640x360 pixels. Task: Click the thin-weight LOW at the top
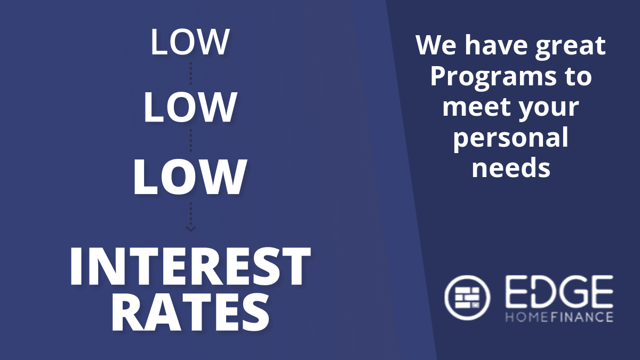tap(190, 42)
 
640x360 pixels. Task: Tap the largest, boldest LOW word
tap(190, 177)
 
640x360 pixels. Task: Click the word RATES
tap(190, 313)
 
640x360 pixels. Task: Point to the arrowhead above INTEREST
tap(190, 229)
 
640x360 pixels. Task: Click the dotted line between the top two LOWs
tap(191, 73)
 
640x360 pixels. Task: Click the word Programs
tap(493, 78)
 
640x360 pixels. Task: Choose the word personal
tap(511, 139)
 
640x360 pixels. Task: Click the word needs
tap(511, 167)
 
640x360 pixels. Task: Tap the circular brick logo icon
tap(467, 298)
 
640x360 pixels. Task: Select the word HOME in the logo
tap(527, 317)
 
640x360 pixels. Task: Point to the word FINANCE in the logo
tap(582, 317)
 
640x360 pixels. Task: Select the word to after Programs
tap(578, 77)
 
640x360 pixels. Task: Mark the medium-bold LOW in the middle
tap(190, 107)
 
